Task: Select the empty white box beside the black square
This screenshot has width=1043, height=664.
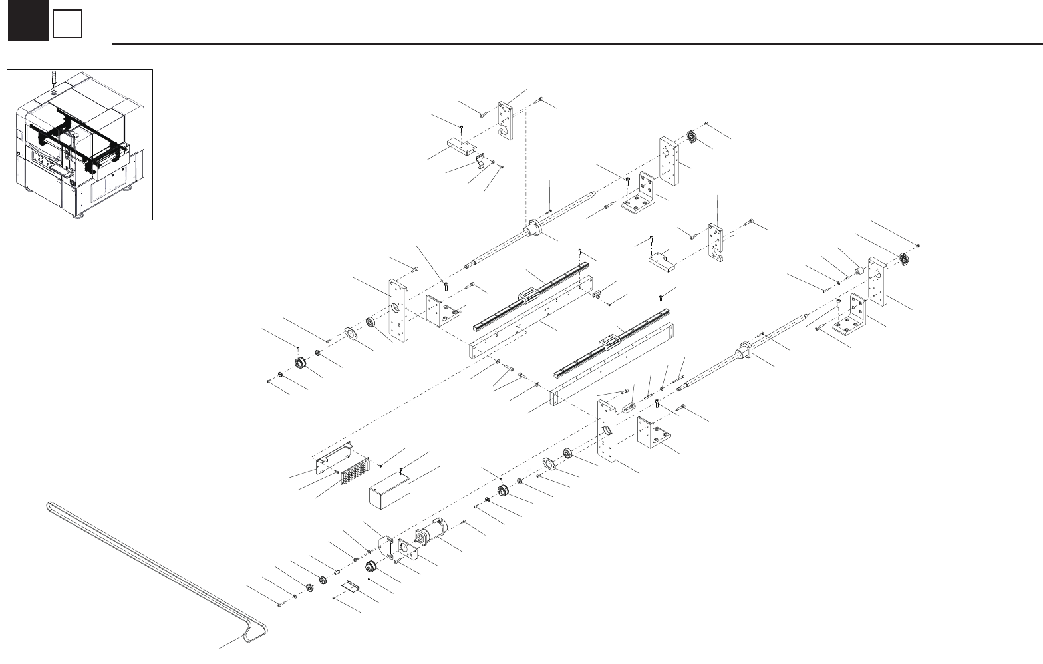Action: click(67, 25)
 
